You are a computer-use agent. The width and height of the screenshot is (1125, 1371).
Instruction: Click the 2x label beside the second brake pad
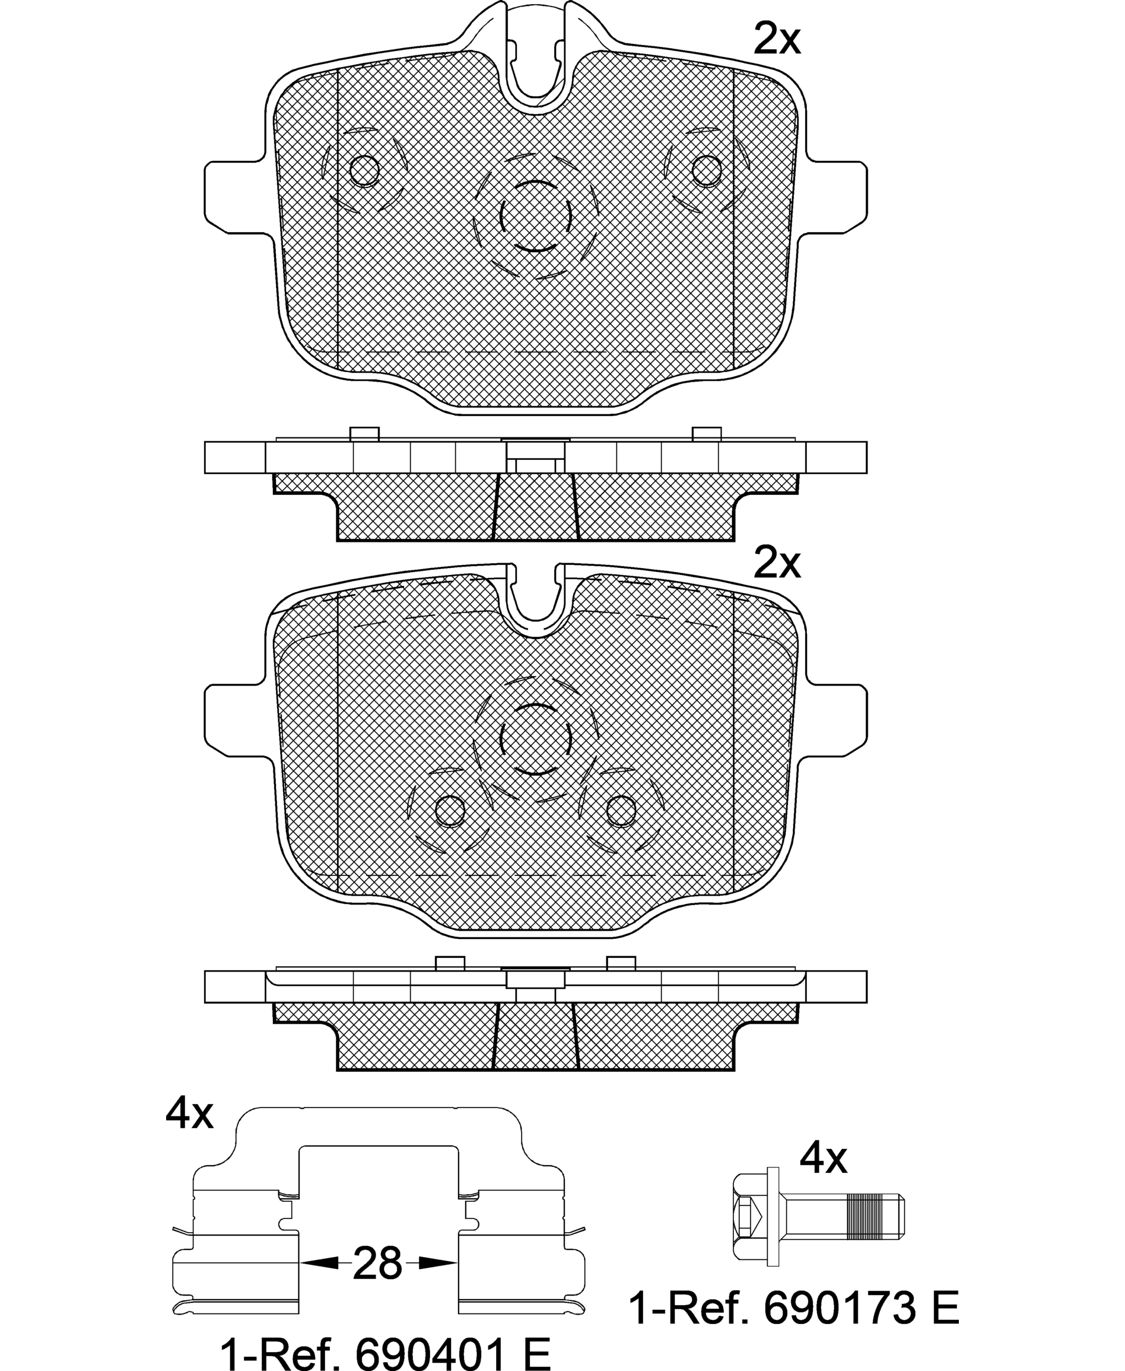pos(777,562)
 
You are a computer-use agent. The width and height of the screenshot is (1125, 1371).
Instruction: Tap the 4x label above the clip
pos(189,1113)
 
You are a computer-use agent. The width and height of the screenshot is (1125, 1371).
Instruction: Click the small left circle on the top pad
pos(364,170)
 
